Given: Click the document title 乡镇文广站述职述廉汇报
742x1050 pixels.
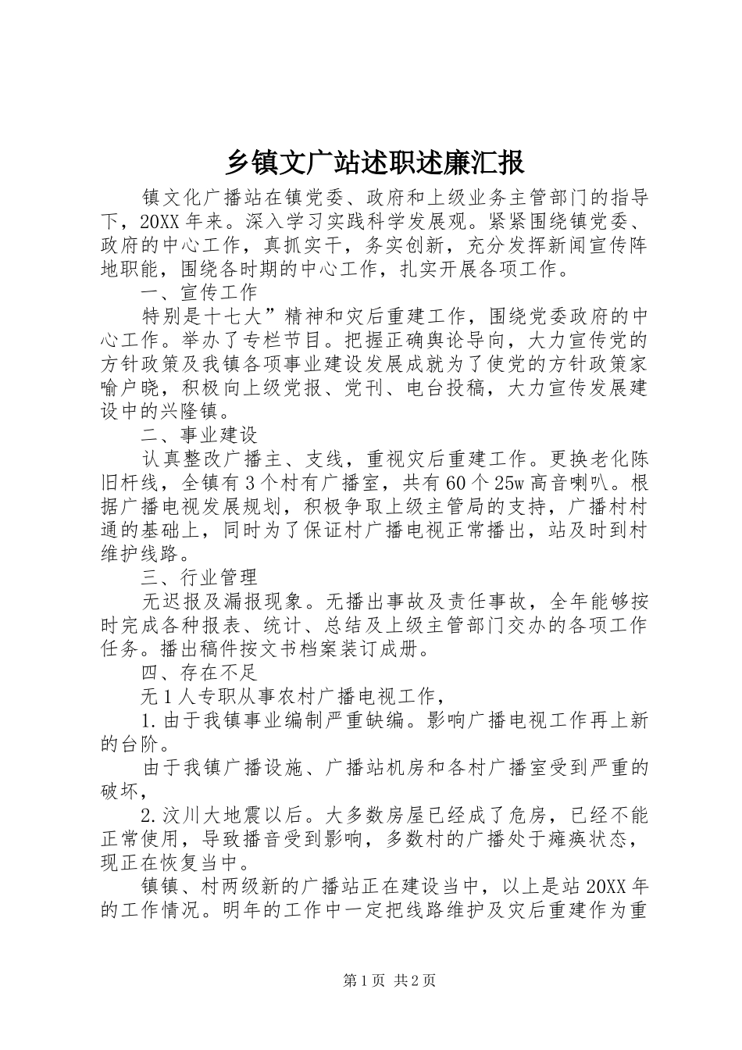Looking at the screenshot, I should (x=375, y=162).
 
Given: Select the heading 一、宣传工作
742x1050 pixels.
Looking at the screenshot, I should (x=198, y=292).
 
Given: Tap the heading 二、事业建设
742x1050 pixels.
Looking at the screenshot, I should (x=198, y=434).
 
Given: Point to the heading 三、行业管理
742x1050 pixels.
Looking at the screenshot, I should (x=198, y=577).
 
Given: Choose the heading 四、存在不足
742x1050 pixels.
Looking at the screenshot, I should (x=198, y=671).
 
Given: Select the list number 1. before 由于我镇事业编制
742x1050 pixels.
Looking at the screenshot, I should (x=149, y=720).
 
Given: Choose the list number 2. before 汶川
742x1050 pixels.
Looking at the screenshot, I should (x=149, y=815).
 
